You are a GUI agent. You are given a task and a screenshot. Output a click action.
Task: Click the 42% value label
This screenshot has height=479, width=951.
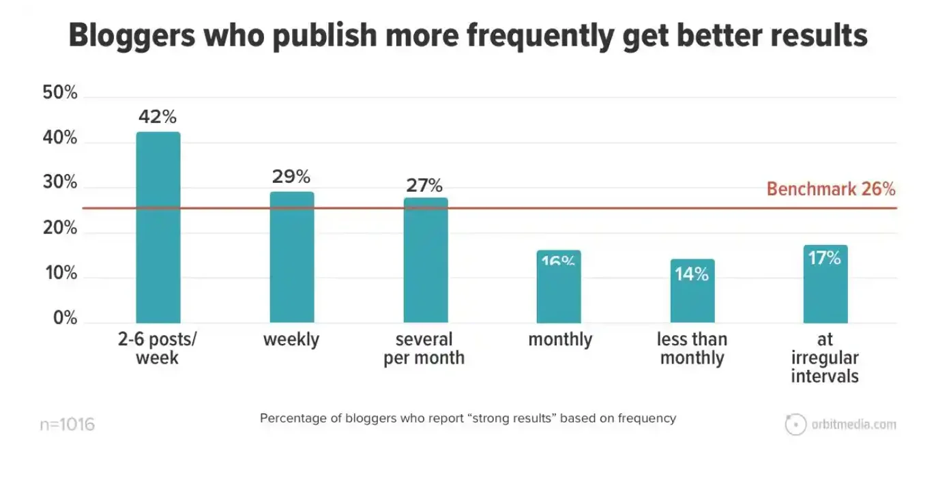(158, 117)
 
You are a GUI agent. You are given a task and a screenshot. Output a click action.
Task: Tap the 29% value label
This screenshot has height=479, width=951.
(291, 177)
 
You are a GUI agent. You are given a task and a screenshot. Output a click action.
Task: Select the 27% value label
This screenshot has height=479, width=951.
(424, 185)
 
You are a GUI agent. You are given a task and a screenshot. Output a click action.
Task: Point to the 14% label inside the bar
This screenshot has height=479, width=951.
(692, 274)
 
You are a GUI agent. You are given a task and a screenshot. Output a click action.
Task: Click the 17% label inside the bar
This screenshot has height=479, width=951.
(825, 259)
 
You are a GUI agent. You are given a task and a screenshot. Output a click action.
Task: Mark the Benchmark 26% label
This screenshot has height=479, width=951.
(831, 189)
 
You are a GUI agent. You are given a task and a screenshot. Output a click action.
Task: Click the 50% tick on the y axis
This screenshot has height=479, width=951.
(60, 93)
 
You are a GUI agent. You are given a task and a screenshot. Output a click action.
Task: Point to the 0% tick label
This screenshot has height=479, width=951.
(65, 319)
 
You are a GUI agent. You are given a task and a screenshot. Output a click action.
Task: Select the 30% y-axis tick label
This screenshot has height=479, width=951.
(60, 184)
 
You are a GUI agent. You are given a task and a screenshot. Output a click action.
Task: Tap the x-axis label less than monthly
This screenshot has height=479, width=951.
(692, 348)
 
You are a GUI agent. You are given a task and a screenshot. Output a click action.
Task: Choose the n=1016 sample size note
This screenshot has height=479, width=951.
(67, 424)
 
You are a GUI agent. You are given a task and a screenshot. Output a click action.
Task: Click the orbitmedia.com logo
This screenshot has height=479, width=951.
(840, 424)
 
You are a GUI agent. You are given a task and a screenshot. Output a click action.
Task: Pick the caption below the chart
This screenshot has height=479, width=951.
(468, 418)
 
